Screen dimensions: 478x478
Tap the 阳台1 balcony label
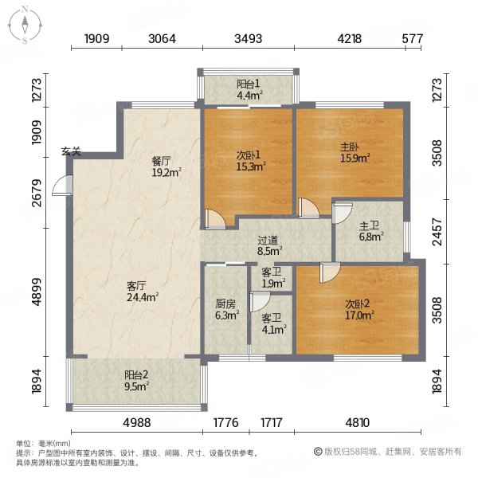pyautogui.click(x=249, y=84)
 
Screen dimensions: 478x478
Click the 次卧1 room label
pyautogui.click(x=249, y=155)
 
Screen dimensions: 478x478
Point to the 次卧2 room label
pyautogui.click(x=357, y=304)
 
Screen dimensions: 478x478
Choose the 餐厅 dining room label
pyautogui.click(x=162, y=161)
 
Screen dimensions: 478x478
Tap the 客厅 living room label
pyautogui.click(x=136, y=286)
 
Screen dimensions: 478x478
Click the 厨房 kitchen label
pyautogui.click(x=225, y=304)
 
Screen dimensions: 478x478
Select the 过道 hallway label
pyautogui.click(x=268, y=241)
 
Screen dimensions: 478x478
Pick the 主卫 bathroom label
pyautogui.click(x=369, y=226)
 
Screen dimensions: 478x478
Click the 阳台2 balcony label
pyautogui.click(x=136, y=374)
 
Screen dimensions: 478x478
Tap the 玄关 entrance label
pyautogui.click(x=71, y=151)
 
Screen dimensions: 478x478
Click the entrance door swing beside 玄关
pyautogui.click(x=62, y=185)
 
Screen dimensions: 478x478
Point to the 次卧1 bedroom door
pyautogui.click(x=215, y=219)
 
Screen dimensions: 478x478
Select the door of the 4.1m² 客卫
pyautogui.click(x=260, y=302)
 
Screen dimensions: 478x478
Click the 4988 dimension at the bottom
pyautogui.click(x=137, y=423)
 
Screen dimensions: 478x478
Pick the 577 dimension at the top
pyautogui.click(x=413, y=39)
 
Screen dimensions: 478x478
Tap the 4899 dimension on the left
pyautogui.click(x=37, y=292)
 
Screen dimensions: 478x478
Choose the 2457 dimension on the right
pyautogui.click(x=437, y=232)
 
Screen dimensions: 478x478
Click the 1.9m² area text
pyautogui.click(x=273, y=284)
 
